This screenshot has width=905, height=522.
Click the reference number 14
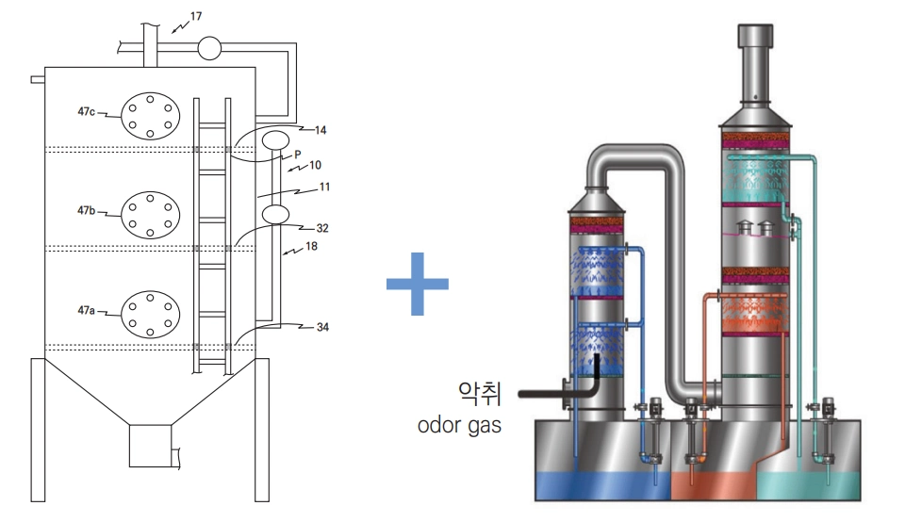[321, 129]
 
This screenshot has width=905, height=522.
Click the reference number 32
[321, 228]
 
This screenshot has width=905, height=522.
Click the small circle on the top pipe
[208, 44]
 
